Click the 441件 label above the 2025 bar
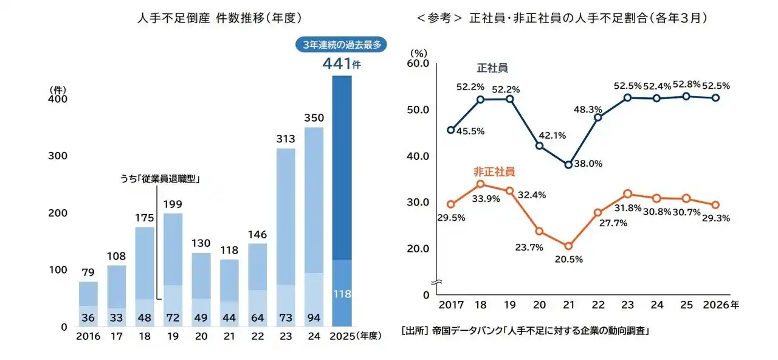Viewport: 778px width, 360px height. (341, 63)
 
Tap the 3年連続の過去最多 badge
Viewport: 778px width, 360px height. (341, 44)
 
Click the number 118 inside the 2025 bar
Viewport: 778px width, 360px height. (342, 294)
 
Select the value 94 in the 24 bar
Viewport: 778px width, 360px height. (314, 317)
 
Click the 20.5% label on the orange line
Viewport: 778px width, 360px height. (569, 259)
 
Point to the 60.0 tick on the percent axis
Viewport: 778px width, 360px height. (419, 63)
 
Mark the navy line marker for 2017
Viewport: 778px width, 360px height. (450, 130)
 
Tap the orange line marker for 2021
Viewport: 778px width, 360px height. (568, 246)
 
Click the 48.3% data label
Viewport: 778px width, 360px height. (588, 109)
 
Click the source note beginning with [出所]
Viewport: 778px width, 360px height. (525, 331)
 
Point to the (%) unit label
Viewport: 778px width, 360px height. (419, 53)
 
